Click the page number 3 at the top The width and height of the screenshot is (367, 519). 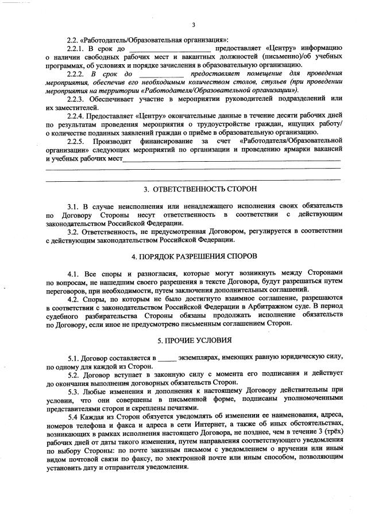point(193,25)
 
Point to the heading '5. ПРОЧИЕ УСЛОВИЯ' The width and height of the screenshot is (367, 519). point(192,341)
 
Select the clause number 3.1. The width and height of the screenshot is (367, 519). point(72,205)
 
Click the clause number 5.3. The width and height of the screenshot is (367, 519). point(72,391)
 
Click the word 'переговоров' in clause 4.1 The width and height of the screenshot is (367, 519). point(63,290)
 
